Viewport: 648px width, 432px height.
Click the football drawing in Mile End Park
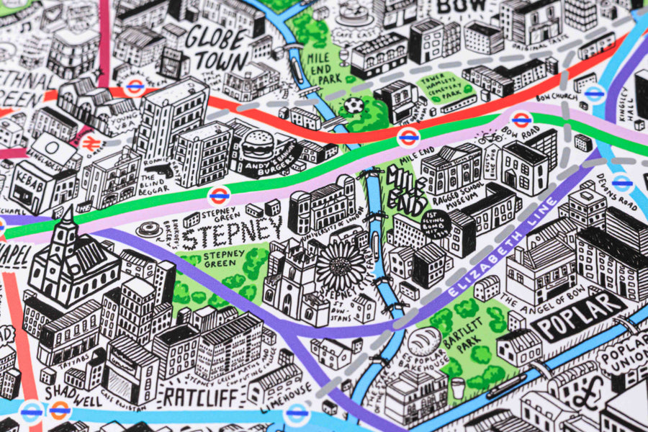354,106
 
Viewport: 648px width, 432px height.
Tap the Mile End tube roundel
408,137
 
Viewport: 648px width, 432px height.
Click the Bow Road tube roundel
521,120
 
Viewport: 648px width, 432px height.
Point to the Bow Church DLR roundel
594,94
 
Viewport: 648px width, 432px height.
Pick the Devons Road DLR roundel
623,183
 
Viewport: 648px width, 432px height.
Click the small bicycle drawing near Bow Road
490,137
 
